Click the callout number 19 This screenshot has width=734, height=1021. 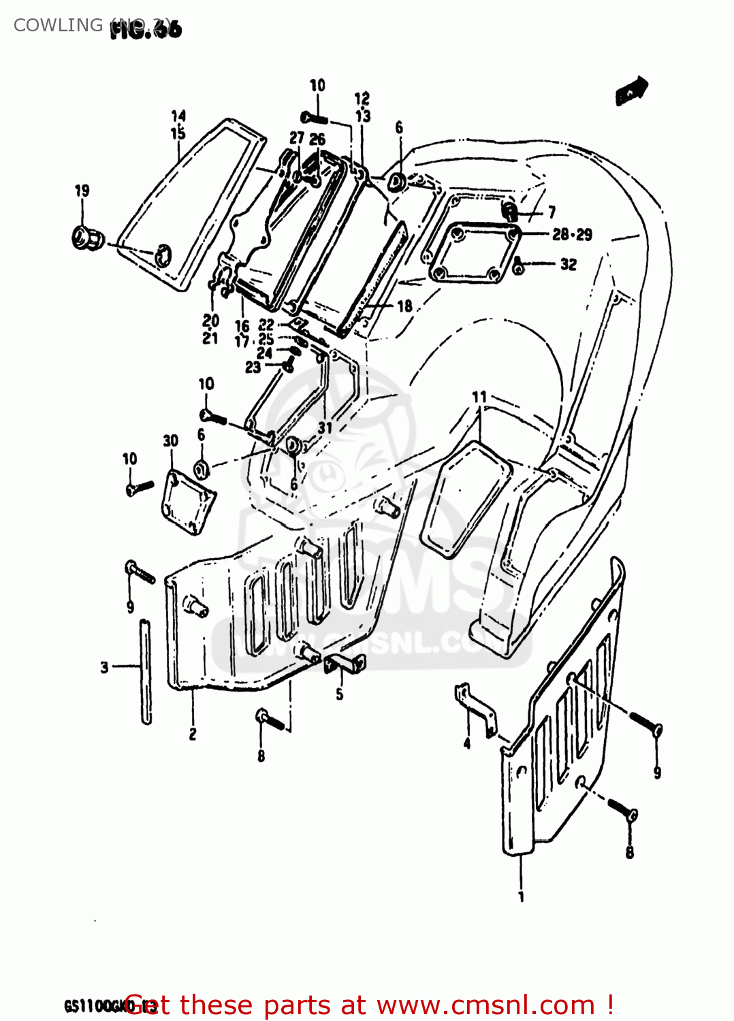tap(82, 191)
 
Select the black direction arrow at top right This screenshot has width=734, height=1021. tap(632, 91)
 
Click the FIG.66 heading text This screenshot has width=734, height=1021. tap(146, 30)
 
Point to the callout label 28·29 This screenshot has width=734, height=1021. tap(572, 235)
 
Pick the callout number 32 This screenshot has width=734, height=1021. tap(569, 264)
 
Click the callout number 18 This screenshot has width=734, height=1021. tap(404, 306)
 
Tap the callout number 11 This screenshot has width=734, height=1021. tap(479, 397)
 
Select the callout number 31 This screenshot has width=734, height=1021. tap(325, 427)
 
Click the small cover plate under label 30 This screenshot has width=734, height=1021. tap(187, 501)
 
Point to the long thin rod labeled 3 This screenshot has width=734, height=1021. tap(146, 670)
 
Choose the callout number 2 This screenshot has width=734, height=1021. tap(193, 734)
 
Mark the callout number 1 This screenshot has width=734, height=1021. tap(522, 896)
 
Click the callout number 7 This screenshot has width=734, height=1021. tap(552, 213)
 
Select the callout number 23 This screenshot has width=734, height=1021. tap(253, 367)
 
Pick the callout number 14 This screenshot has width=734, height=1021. tap(178, 116)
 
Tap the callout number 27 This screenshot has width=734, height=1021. tap(297, 138)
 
